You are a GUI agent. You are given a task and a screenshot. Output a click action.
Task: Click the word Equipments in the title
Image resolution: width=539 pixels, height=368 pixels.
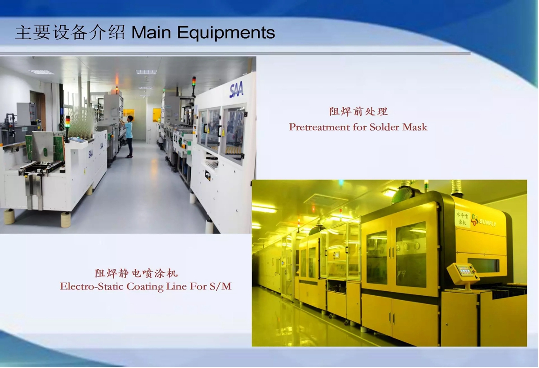(x=226, y=33)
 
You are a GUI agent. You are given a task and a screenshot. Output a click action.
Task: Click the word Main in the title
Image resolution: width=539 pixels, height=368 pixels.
(x=151, y=32)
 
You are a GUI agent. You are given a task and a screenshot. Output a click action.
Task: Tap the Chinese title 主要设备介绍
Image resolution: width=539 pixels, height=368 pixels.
(x=70, y=32)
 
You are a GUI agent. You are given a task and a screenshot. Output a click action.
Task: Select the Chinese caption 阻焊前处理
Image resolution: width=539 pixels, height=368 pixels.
(x=358, y=112)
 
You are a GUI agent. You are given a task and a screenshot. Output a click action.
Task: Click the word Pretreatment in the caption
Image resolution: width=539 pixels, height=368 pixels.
(x=319, y=127)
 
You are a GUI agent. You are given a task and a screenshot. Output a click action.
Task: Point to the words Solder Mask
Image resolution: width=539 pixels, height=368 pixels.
(x=398, y=127)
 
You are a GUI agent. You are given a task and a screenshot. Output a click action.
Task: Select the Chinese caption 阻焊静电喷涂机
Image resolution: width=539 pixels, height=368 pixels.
(x=136, y=273)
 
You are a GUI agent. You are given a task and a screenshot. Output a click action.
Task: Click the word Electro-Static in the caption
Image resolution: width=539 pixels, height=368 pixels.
(x=92, y=286)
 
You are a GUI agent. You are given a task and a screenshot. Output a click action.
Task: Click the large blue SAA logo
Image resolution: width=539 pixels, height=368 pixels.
(x=236, y=90)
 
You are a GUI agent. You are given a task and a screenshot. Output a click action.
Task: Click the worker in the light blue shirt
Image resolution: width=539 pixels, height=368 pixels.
(x=129, y=136)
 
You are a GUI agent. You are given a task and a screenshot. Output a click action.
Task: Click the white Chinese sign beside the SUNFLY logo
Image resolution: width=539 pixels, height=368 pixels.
(x=462, y=218)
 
